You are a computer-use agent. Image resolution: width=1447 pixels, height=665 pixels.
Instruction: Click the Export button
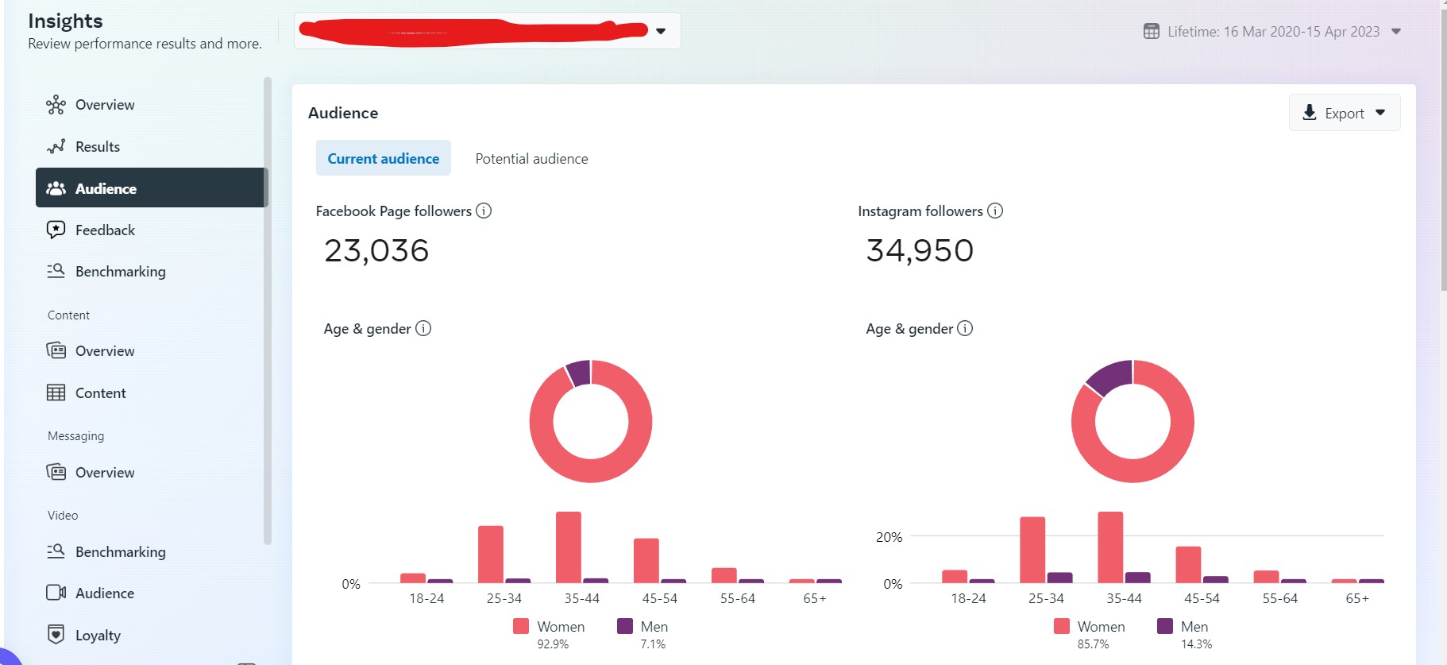(x=1344, y=113)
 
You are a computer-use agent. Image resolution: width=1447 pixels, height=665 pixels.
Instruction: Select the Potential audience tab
(x=531, y=159)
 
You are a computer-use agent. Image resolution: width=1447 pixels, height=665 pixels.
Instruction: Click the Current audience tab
(x=383, y=159)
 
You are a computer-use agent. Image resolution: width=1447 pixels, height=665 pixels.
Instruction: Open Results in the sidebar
(x=97, y=147)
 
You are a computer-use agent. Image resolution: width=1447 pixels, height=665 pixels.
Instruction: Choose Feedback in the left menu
(x=105, y=230)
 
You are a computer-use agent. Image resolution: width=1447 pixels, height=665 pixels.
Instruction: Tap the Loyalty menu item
(x=98, y=635)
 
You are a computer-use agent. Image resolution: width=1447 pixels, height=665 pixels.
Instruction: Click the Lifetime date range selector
(x=1272, y=32)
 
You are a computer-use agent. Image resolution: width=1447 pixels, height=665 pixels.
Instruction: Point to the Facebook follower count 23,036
(x=376, y=251)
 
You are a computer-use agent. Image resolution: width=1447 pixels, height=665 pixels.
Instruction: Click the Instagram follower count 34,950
(x=920, y=251)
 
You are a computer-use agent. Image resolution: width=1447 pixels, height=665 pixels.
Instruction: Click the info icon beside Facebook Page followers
(x=484, y=211)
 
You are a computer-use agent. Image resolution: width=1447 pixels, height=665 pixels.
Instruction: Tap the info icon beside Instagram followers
(x=995, y=211)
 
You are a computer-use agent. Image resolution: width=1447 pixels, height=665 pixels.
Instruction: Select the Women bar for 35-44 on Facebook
(x=569, y=547)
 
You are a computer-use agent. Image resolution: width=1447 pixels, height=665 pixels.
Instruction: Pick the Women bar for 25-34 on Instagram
(x=1032, y=549)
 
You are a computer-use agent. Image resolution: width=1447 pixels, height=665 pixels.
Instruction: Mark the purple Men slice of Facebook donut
(x=579, y=373)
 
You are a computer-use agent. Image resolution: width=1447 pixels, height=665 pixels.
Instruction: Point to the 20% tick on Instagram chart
(x=889, y=537)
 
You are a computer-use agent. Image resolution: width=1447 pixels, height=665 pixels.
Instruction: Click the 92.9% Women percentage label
(x=553, y=644)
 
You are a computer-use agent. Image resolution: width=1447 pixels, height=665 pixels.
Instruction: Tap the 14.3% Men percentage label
(x=1196, y=644)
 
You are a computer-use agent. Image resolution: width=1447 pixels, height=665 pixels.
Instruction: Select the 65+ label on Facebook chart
(x=815, y=598)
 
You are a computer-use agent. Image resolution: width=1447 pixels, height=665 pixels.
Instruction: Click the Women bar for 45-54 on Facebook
(x=646, y=560)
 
